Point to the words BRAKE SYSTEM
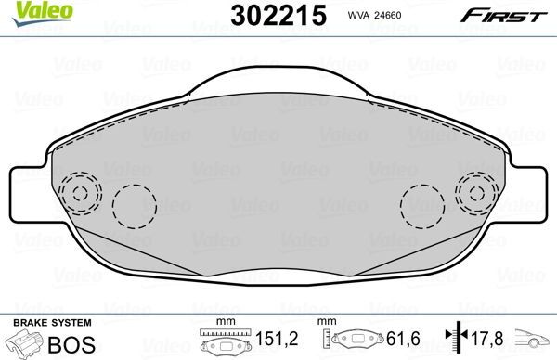point(51,321)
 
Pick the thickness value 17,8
point(490,339)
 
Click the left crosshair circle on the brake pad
point(80,195)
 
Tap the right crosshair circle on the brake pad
point(477,195)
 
